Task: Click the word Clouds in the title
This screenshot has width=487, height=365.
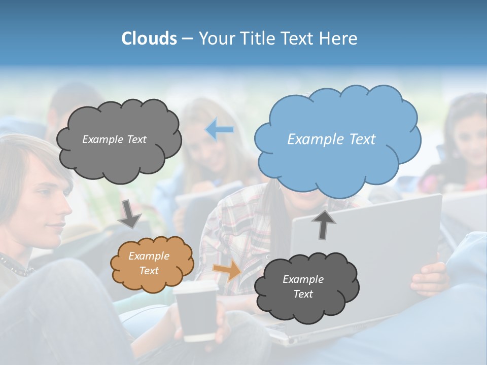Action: pos(149,39)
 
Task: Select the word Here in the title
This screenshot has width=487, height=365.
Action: pos(339,39)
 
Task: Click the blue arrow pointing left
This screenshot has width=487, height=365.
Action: pos(219,130)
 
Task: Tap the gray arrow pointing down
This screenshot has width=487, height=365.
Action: pos(130,214)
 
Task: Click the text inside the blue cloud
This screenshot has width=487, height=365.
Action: pos(331,139)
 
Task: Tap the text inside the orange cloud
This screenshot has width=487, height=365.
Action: pos(149,264)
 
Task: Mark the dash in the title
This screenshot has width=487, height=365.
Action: pos(187,39)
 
